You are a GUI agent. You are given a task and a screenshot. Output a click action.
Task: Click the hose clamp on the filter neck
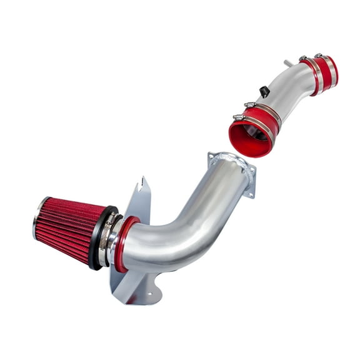107,240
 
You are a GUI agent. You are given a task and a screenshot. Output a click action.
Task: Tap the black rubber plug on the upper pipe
265,91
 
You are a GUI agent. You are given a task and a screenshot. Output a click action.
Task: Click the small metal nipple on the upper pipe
288,63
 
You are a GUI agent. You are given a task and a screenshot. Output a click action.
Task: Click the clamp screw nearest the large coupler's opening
237,117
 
